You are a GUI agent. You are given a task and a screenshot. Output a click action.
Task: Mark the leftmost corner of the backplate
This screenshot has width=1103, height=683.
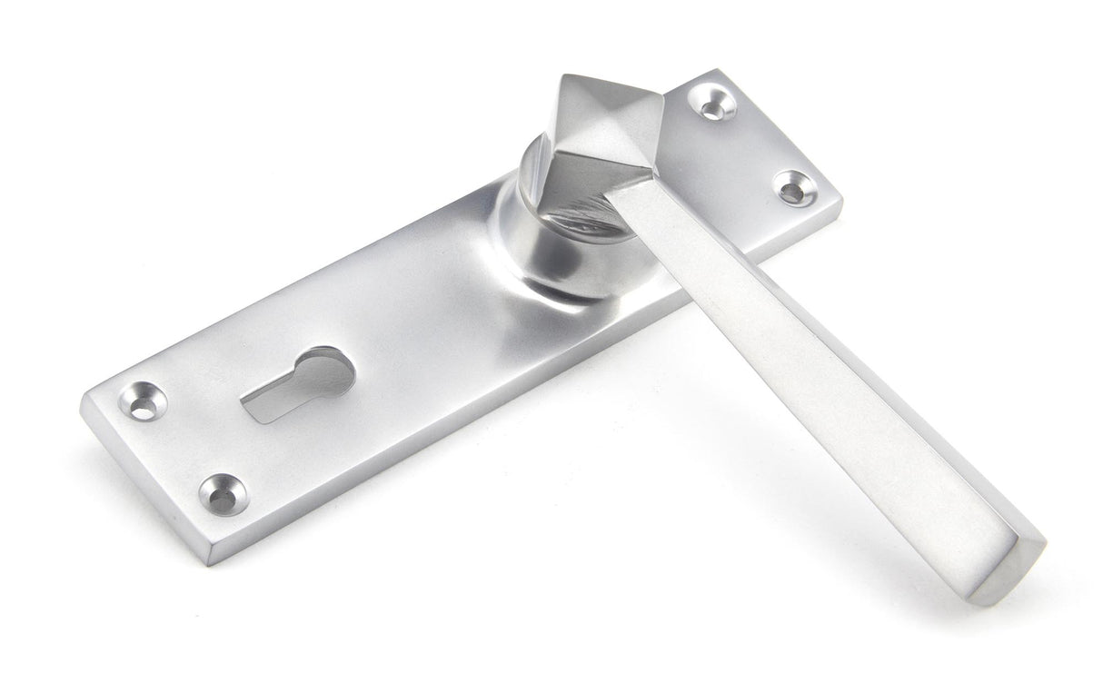(84, 404)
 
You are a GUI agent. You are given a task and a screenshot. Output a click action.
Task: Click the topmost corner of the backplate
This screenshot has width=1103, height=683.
(718, 70)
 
